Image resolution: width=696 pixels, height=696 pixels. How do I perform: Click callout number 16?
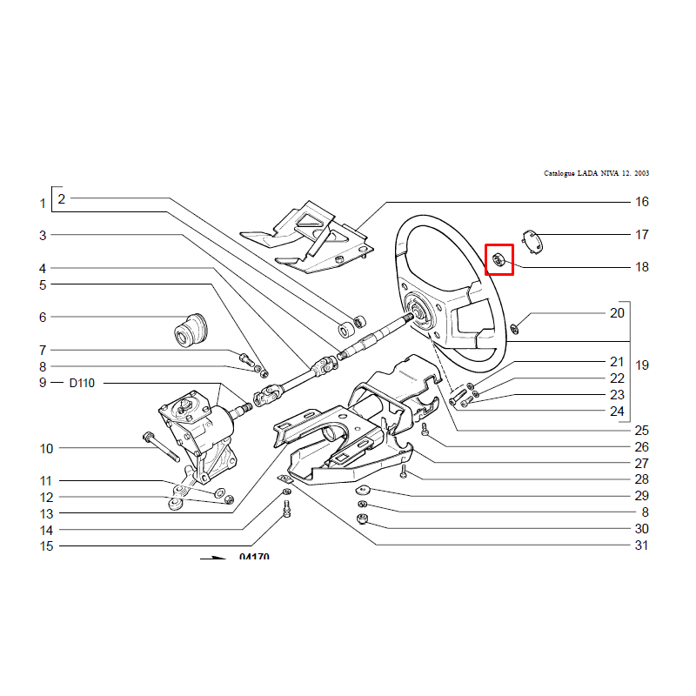coord(641,202)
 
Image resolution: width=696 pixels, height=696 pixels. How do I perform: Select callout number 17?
coord(641,235)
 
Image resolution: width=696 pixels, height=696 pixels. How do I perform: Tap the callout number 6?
coord(43,318)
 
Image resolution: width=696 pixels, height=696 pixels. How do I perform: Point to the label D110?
coord(82,383)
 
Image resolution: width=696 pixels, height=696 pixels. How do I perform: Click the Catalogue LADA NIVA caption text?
coord(596,173)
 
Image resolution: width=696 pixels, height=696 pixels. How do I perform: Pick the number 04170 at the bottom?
coord(254,556)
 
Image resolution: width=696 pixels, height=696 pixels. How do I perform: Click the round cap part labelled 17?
coord(533,242)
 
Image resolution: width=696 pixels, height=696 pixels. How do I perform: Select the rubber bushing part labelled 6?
coord(191,330)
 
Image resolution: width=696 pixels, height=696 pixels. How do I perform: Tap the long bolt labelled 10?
coord(162,446)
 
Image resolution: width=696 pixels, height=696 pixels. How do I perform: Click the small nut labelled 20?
coord(514,330)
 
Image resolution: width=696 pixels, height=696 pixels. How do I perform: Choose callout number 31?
coord(641,545)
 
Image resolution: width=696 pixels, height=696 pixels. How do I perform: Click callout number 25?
coord(641,431)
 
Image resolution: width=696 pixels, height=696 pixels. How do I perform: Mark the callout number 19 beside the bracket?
coord(642,365)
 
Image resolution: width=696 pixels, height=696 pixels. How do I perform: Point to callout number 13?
coord(46,514)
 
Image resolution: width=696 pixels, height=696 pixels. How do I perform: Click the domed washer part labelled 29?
coord(364,490)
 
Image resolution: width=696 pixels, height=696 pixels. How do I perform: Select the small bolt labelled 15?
coord(286,508)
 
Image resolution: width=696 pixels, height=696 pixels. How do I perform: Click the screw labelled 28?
coord(404,471)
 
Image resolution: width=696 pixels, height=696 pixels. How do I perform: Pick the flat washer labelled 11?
coord(220,492)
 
